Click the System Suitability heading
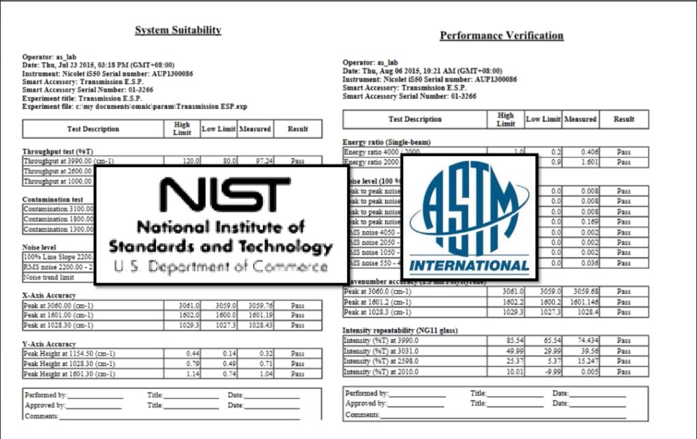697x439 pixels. coord(178,30)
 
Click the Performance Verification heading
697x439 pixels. coord(501,35)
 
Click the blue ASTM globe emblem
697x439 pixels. coord(469,211)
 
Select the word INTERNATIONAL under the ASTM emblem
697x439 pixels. coord(469,266)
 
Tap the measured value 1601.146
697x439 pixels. coord(581,302)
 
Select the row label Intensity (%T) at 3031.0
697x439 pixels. coord(381,351)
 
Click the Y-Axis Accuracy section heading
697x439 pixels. coord(49,344)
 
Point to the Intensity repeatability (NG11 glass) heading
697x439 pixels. coord(400,331)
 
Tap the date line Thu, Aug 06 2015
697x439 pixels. coord(422,71)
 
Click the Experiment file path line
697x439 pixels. coord(135,107)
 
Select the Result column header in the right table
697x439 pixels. coord(623,119)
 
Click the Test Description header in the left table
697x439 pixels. coord(93,129)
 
